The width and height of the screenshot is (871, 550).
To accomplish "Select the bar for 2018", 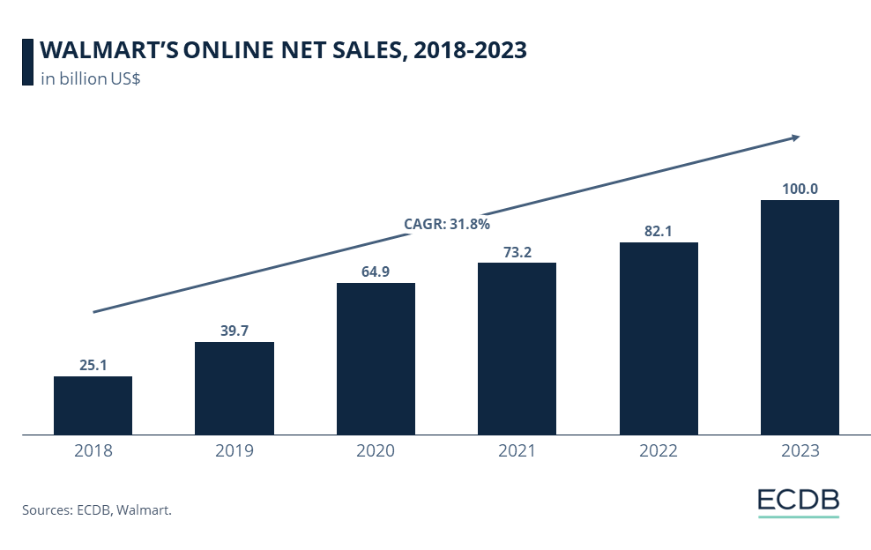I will [x=93, y=405].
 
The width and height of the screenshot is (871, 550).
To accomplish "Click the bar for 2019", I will [x=234, y=388].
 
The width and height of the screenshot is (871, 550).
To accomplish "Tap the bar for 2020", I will [x=376, y=359].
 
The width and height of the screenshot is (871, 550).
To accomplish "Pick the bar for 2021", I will [x=517, y=348].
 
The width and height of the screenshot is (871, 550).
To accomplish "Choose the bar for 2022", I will [x=659, y=338].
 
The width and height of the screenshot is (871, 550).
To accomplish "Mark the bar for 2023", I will [x=800, y=317].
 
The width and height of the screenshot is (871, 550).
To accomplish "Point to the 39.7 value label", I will [x=234, y=330].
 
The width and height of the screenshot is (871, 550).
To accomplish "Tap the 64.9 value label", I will [x=376, y=271].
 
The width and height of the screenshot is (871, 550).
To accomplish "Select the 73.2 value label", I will [x=517, y=250].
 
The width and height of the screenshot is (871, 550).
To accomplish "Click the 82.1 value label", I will [x=659, y=230].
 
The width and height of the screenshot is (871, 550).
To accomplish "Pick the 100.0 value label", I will [x=800, y=188].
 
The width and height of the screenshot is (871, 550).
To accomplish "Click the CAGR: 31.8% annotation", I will [x=447, y=224].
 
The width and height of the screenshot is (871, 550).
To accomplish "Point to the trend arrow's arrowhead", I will [x=794, y=137].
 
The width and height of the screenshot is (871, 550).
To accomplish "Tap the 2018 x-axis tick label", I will [x=93, y=451].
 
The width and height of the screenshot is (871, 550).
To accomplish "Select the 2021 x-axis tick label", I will [x=517, y=451].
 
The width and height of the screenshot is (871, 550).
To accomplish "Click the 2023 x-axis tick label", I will [x=800, y=451].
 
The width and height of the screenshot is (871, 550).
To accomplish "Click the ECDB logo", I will [x=798, y=501].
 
